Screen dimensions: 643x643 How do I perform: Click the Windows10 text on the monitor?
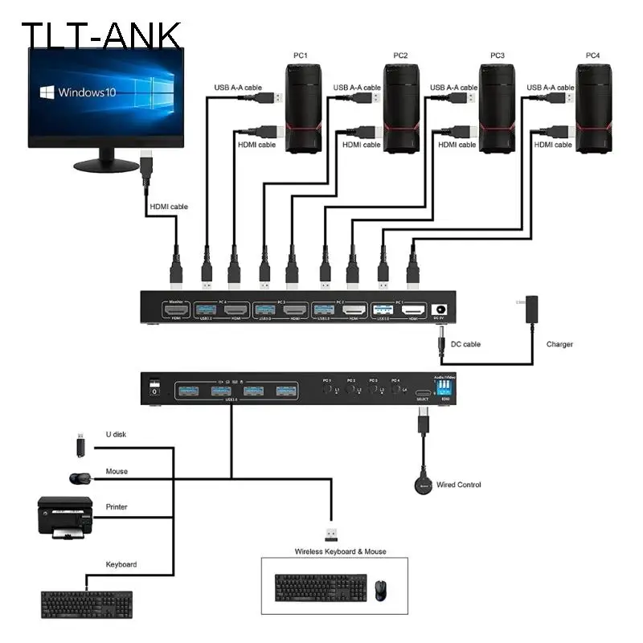[x=87, y=92]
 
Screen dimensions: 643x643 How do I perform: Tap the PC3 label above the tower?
[x=498, y=55]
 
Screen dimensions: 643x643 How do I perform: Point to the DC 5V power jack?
[x=440, y=309]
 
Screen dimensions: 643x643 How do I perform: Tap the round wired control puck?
[x=422, y=484]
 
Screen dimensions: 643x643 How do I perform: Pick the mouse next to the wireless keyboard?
[x=381, y=591]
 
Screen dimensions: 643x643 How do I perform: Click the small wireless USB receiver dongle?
[x=331, y=534]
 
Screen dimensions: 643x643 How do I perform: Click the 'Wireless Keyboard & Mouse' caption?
[x=340, y=551]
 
